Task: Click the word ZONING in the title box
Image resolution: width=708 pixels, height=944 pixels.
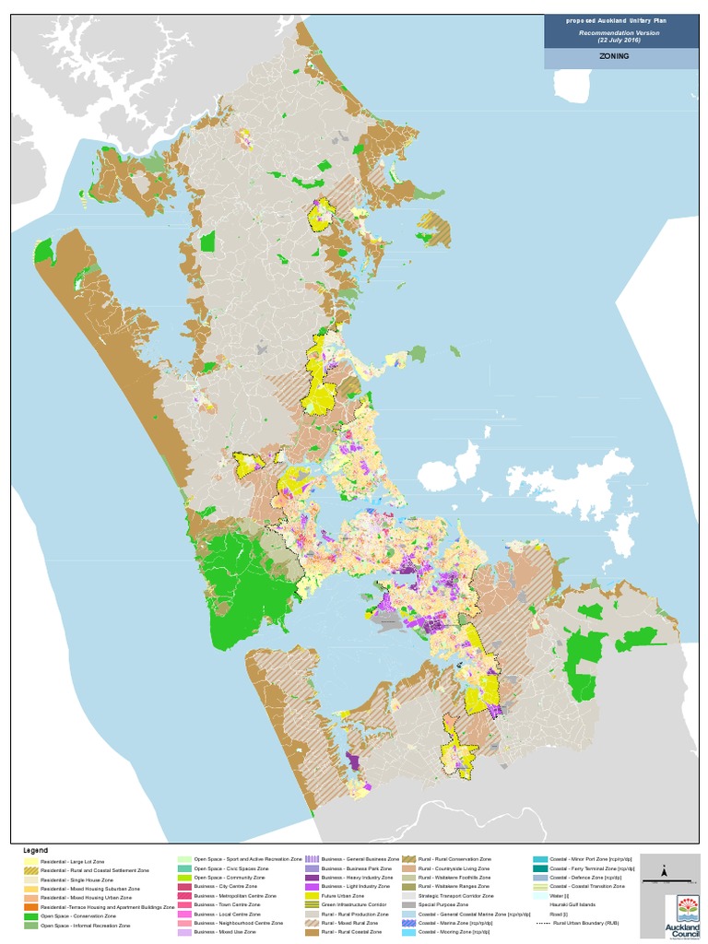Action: (616, 57)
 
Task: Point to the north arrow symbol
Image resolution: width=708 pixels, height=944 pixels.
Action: (664, 871)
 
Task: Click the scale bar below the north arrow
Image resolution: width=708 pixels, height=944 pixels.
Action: (664, 882)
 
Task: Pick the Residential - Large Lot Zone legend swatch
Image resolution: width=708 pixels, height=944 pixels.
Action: (29, 861)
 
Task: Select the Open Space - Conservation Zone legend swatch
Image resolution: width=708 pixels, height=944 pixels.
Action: (29, 916)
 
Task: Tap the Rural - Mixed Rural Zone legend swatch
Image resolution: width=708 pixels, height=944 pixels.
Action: (313, 923)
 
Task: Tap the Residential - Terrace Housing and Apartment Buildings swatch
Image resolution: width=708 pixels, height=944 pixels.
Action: (29, 907)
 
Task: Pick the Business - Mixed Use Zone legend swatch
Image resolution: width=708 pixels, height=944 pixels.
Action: (184, 932)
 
